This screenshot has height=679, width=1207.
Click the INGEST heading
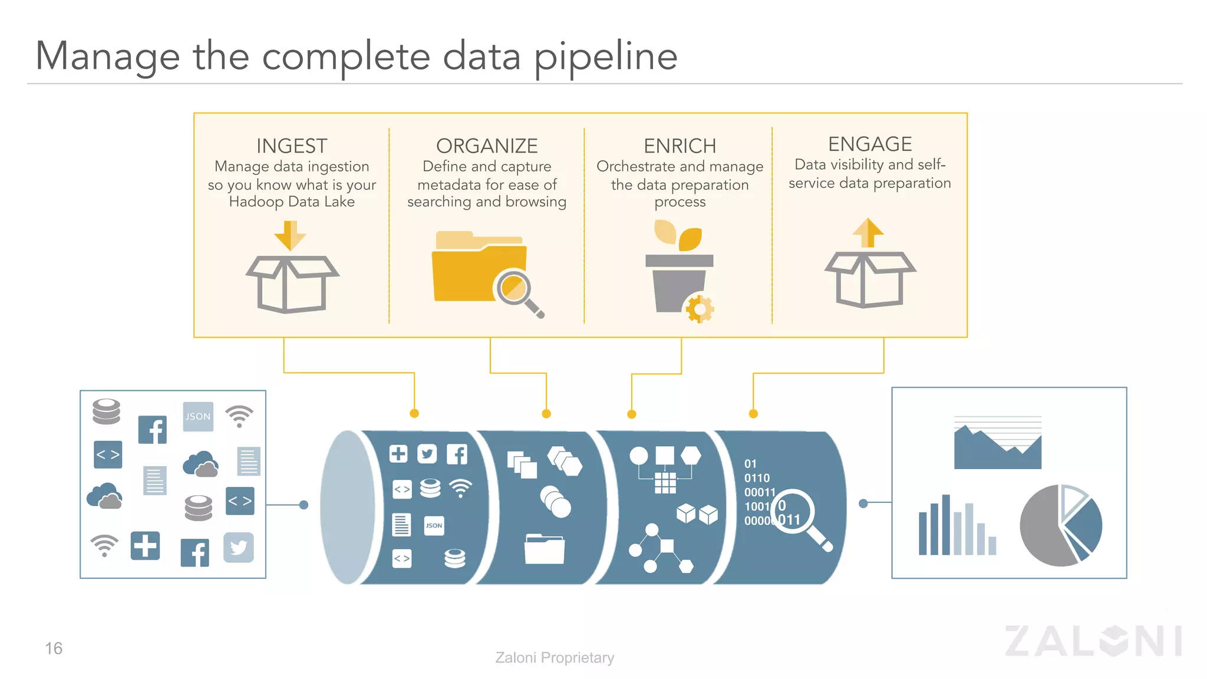tap(292, 146)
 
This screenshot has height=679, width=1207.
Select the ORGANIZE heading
tap(487, 146)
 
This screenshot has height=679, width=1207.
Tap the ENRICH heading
tap(680, 146)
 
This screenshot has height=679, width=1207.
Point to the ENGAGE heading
tap(870, 144)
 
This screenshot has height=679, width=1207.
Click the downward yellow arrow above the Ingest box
tap(290, 235)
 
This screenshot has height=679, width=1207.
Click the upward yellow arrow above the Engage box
tap(868, 232)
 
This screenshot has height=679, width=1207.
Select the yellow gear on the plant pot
tap(700, 308)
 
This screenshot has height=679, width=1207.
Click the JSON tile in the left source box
tap(198, 417)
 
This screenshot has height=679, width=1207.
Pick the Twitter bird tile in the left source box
tap(239, 548)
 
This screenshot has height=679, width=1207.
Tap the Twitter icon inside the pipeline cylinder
tap(427, 454)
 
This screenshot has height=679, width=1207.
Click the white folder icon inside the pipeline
tap(544, 549)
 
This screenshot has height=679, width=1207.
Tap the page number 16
tap(54, 648)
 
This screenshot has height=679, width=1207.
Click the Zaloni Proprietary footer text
tap(555, 657)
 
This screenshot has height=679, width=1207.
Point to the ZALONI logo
tap(1093, 641)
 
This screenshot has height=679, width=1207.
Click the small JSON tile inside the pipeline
tap(434, 526)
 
